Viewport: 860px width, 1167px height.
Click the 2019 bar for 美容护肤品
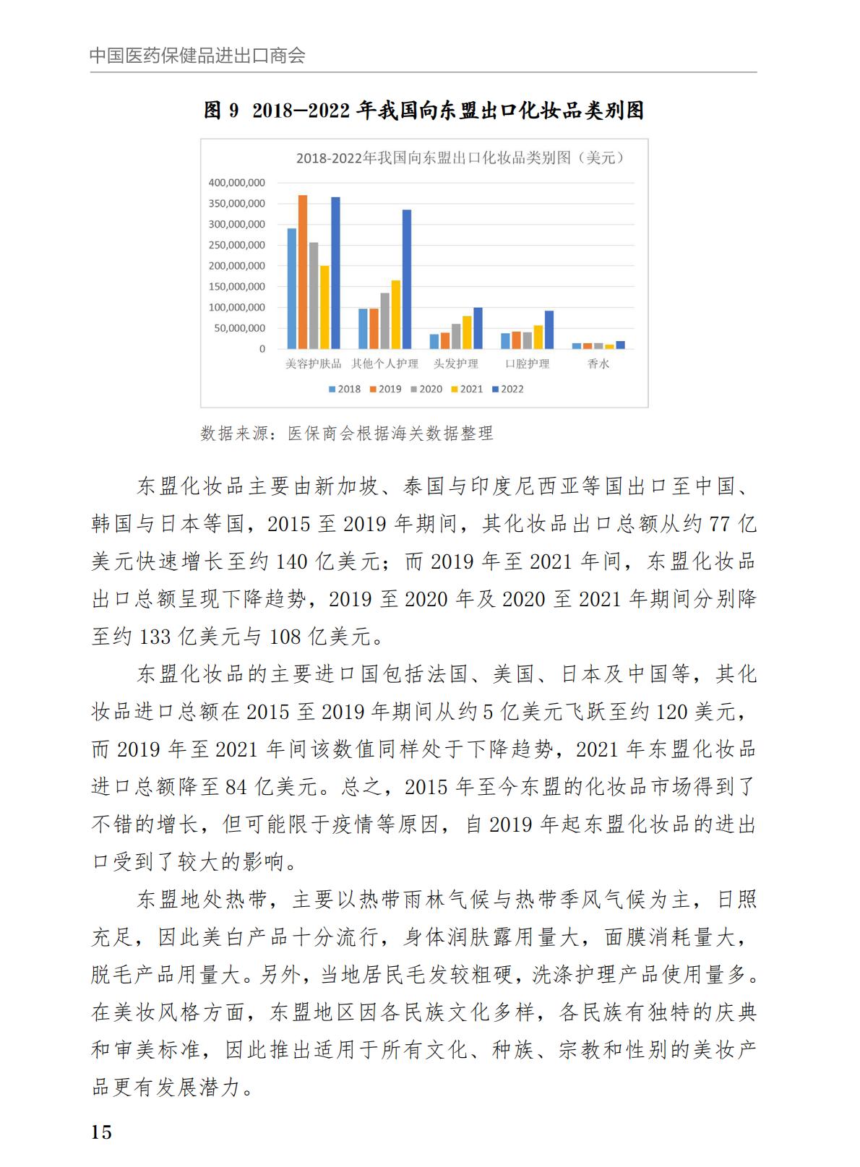303,272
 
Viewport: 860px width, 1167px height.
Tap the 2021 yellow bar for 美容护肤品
324,307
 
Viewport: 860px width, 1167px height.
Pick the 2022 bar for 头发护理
478,328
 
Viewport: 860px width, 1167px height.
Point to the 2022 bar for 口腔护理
549,330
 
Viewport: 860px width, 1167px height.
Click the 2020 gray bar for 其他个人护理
385,321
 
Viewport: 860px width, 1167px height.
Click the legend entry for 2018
345,389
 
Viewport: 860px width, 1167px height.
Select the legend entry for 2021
467,389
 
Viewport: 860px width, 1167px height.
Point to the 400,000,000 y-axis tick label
237,183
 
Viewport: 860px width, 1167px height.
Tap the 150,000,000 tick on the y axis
237,287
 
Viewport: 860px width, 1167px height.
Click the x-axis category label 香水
598,364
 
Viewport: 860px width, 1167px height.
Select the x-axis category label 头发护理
455,364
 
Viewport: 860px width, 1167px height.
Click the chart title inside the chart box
460,158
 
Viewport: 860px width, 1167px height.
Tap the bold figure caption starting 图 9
423,111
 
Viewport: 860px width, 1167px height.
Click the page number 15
101,1132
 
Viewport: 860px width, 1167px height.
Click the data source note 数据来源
347,434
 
